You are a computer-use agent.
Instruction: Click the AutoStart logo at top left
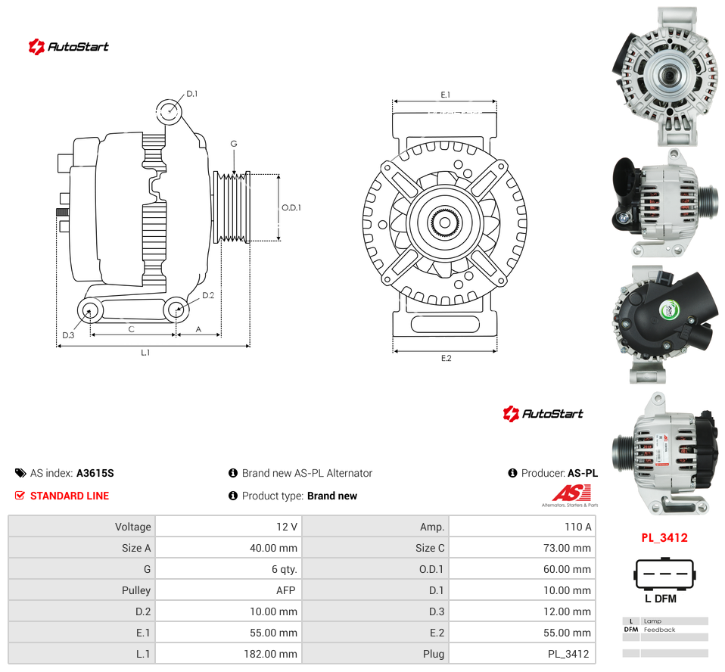pos(68,47)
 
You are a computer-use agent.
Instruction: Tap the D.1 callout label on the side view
pos(192,94)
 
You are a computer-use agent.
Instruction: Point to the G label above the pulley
pos(234,144)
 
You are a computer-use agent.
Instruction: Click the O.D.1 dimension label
pos(291,207)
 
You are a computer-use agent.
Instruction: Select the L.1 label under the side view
pos(145,353)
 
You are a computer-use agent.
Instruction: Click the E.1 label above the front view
pos(445,95)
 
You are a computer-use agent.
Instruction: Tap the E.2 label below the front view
pos(446,358)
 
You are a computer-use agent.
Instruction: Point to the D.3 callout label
pos(68,335)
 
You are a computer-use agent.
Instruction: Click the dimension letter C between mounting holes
pos(132,329)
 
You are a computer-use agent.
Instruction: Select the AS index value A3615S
pos(95,473)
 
